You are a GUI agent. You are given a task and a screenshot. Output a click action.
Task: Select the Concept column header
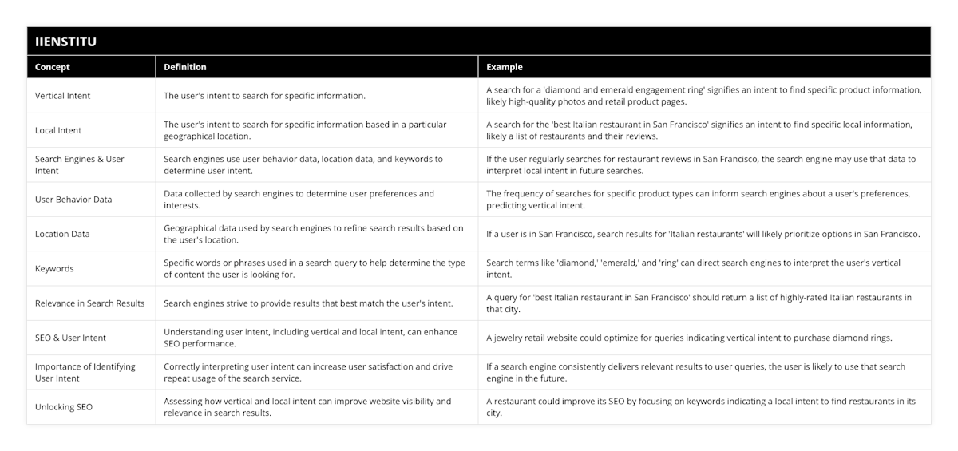point(53,67)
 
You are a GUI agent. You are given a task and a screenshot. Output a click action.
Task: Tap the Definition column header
point(185,67)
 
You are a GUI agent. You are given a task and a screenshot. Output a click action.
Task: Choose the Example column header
point(505,67)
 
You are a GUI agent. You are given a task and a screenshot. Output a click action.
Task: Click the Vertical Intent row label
point(63,96)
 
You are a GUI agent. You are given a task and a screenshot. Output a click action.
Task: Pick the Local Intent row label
point(58,130)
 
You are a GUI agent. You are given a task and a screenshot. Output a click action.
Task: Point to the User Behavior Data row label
point(73,200)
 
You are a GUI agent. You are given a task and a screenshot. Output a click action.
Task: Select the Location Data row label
point(62,234)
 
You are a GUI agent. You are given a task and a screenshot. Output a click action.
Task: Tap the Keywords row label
point(54,268)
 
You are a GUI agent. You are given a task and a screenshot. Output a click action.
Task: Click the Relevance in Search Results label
point(90,303)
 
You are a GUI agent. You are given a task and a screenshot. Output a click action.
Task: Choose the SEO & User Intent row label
point(71,338)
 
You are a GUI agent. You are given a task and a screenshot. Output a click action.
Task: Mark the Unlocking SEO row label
point(64,407)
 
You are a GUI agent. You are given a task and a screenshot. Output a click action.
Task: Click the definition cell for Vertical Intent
point(264,96)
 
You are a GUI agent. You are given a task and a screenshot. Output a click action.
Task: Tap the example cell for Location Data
point(703,234)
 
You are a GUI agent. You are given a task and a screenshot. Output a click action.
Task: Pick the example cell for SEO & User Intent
point(689,338)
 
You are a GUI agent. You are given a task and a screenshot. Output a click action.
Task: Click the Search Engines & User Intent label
point(80,164)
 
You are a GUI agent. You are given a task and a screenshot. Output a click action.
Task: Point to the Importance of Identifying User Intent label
point(85,372)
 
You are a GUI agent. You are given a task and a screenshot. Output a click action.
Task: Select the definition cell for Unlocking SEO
point(307,407)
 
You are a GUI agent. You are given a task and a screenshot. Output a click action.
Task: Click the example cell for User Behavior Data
point(698,200)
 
